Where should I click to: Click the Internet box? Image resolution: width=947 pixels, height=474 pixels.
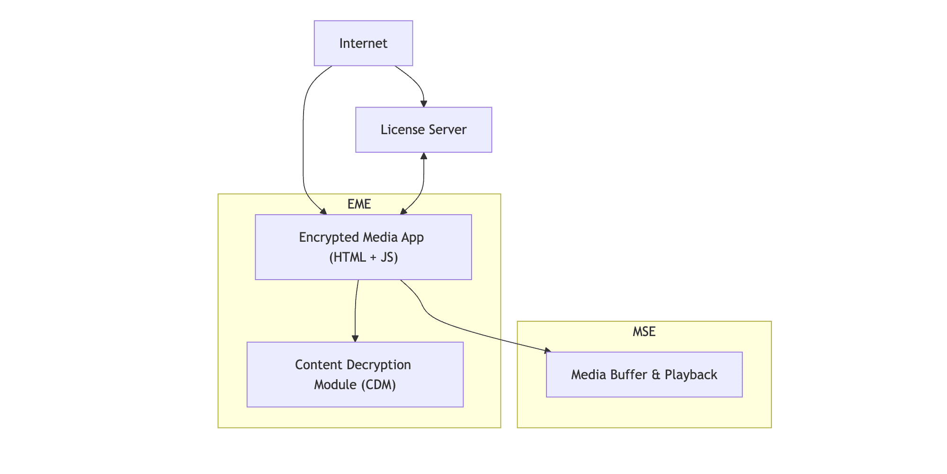(x=363, y=43)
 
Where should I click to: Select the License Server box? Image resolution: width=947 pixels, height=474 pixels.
(x=423, y=129)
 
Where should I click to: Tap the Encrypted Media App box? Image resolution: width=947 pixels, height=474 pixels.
(x=363, y=247)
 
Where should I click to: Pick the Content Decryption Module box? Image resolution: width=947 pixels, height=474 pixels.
(x=355, y=374)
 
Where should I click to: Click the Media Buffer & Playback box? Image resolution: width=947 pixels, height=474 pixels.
(x=644, y=374)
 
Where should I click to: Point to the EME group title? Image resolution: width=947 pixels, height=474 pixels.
(x=359, y=204)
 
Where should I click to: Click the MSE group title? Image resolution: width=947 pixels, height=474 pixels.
(x=644, y=331)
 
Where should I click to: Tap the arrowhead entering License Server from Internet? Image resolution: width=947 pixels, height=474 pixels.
(x=424, y=104)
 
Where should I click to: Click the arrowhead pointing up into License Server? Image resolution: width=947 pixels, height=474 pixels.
(x=424, y=156)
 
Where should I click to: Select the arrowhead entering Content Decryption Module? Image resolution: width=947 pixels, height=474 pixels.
(x=355, y=338)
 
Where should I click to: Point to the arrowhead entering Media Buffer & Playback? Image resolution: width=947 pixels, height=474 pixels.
(x=547, y=351)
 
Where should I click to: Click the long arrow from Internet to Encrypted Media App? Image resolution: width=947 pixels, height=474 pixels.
(x=303, y=142)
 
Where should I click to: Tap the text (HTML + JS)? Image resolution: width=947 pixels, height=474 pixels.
(x=363, y=257)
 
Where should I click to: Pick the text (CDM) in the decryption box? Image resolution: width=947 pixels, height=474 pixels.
(x=378, y=384)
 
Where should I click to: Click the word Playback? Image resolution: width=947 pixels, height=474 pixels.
(x=691, y=374)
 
